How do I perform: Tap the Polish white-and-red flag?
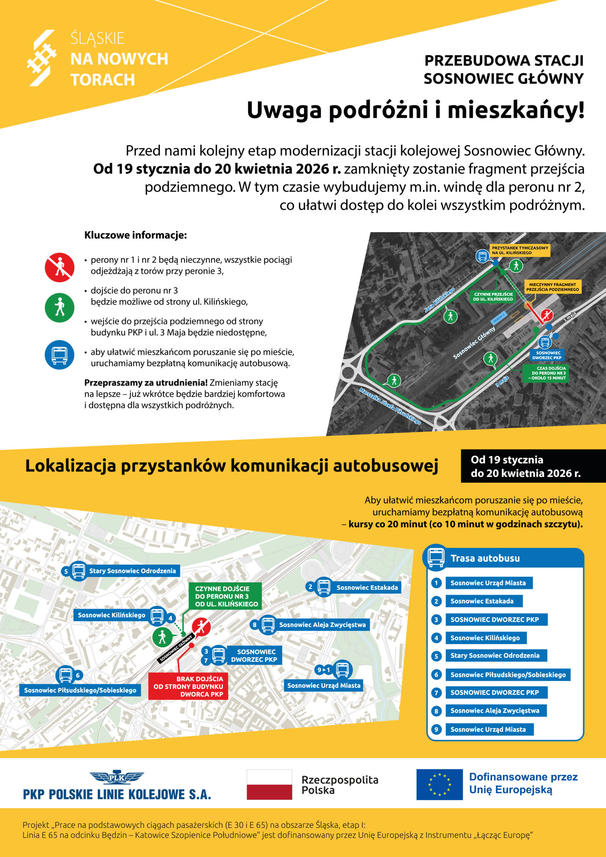269,784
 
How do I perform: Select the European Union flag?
439,784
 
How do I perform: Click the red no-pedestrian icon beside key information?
59,267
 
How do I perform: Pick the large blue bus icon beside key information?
59,355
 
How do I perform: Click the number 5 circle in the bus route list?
436,656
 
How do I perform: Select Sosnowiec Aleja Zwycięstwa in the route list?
495,711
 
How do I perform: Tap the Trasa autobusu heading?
485,558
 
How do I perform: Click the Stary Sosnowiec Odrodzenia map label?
132,571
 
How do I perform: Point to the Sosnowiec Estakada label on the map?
367,588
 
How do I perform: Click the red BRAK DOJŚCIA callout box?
188,686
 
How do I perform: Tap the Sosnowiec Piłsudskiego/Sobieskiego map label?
80,690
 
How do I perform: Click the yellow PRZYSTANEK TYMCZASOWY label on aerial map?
519,250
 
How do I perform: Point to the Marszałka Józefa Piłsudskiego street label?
390,406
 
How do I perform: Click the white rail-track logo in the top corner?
41,58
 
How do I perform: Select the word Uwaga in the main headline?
284,110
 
